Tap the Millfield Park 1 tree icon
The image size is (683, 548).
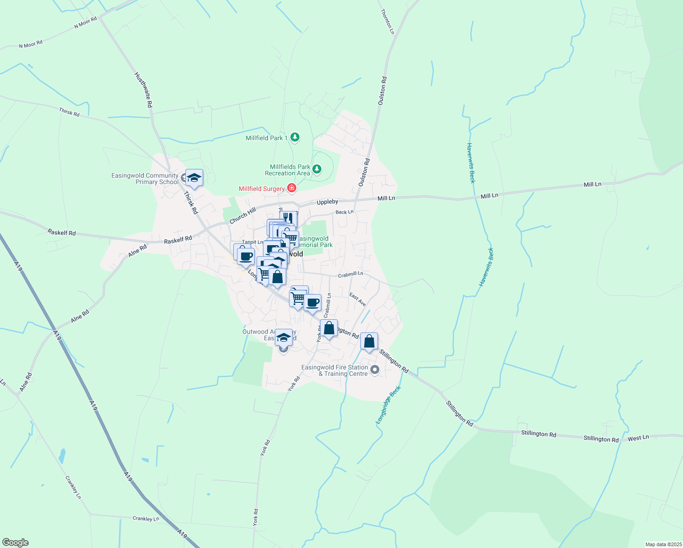(295, 137)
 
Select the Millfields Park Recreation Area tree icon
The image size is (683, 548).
(316, 170)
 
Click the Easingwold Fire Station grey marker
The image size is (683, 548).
(374, 370)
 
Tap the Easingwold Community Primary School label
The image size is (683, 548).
(145, 179)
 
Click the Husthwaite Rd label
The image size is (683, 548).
(143, 90)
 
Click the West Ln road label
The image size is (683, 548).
(638, 437)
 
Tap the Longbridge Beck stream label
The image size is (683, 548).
(388, 405)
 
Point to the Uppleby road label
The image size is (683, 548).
(327, 202)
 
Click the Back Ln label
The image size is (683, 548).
(344, 212)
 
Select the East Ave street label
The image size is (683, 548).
(357, 300)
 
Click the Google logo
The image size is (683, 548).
(15, 543)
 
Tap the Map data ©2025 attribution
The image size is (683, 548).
(663, 544)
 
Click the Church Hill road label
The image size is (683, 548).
(242, 216)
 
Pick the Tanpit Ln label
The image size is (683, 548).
(252, 242)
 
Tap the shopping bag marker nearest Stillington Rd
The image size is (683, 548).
(369, 341)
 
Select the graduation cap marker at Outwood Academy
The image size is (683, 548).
(284, 337)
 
